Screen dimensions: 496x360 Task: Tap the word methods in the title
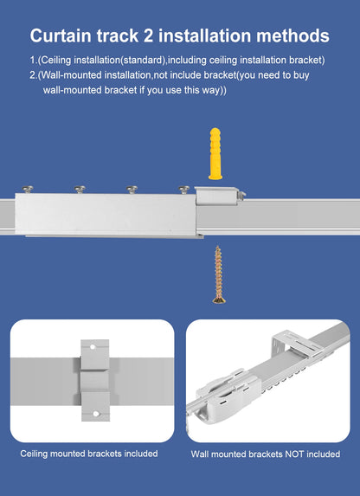290,35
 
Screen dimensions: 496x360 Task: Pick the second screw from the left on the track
81,188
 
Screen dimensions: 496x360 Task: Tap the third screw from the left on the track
132,188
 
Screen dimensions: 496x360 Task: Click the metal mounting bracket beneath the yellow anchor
219,198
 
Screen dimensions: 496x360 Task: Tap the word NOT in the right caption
289,454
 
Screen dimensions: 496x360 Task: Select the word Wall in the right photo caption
202,454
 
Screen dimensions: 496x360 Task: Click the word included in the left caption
139,453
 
